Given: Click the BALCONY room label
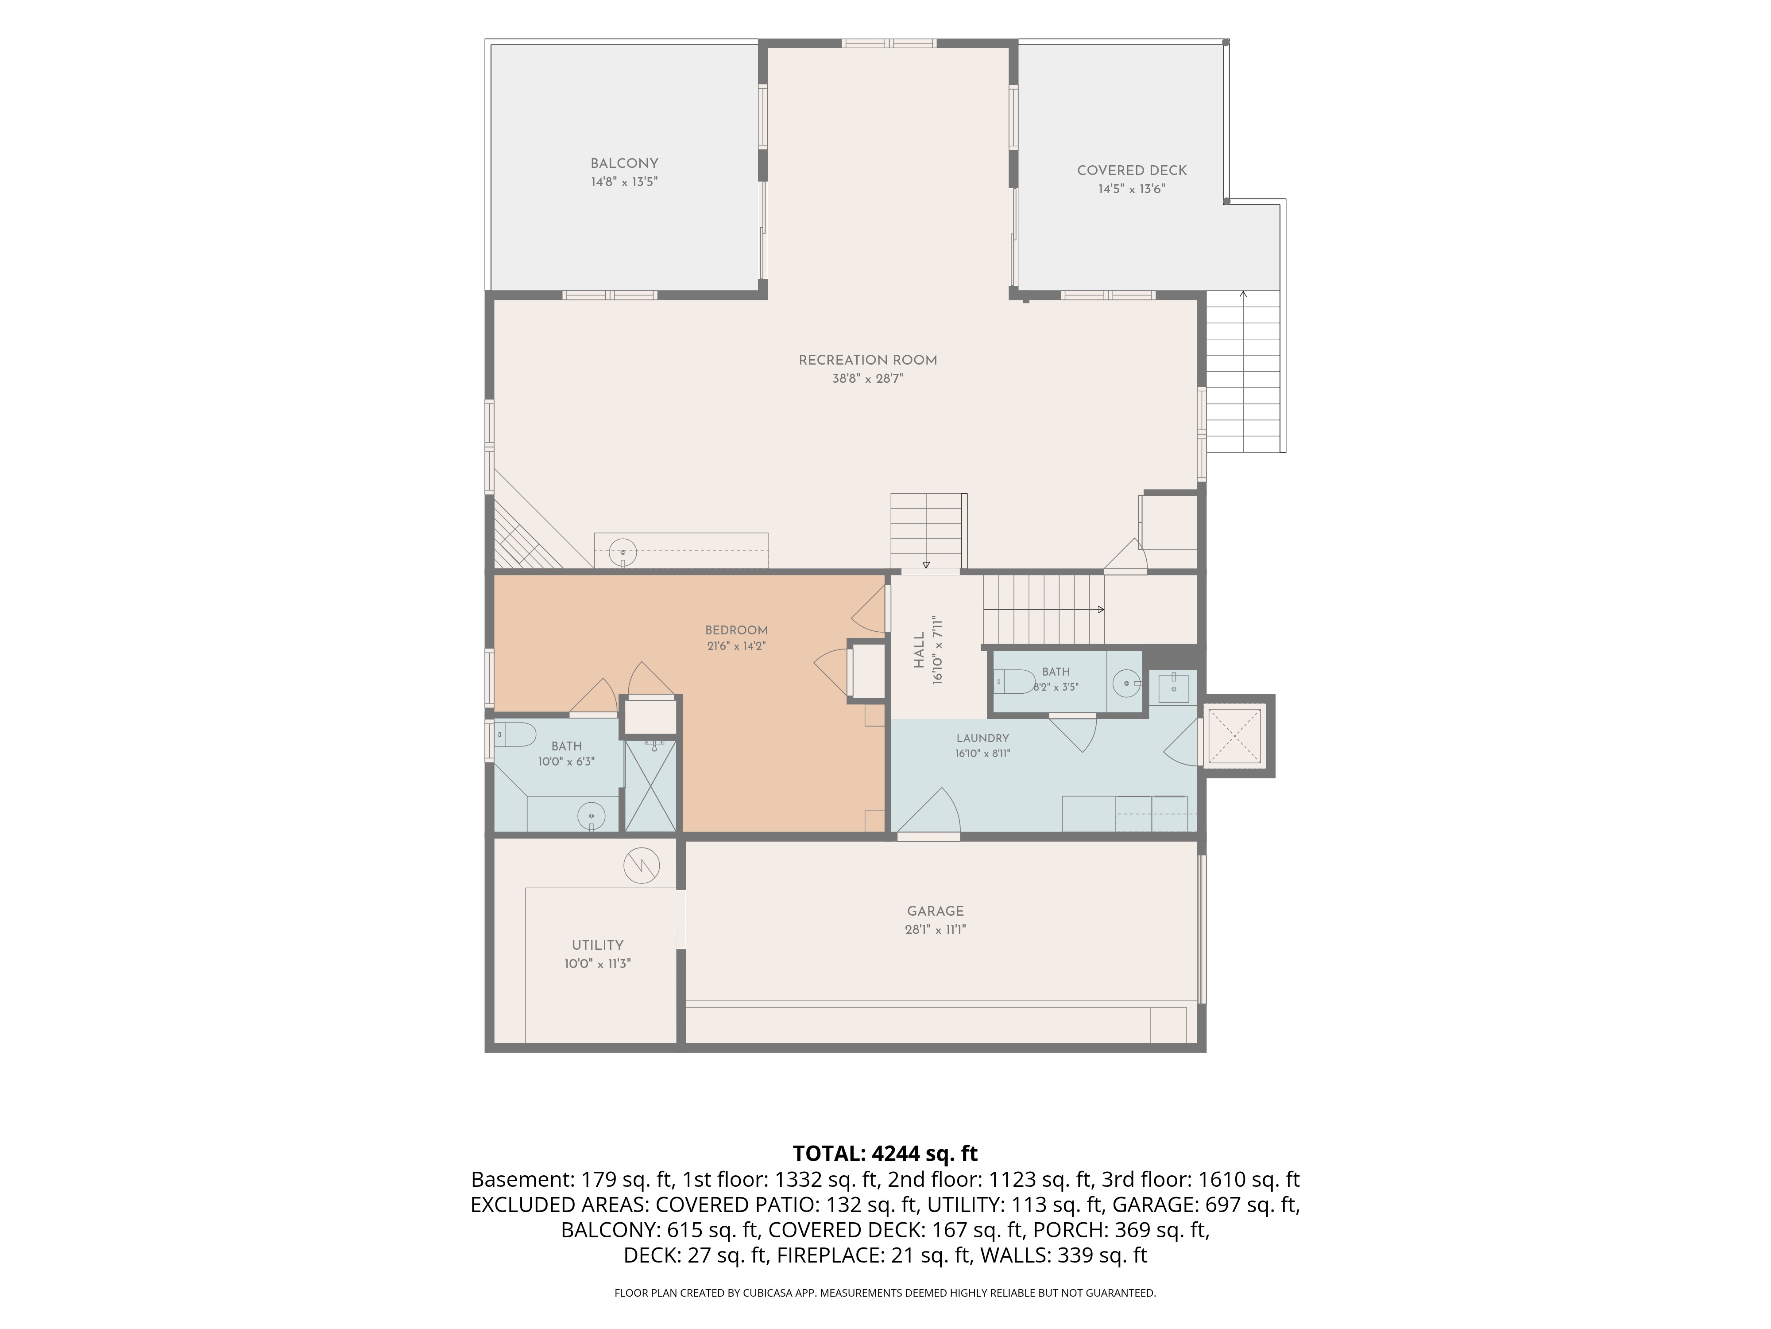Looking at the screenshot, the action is coord(624,163).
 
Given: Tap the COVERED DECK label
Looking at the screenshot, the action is coord(1131,171).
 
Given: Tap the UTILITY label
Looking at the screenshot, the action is coord(597,945).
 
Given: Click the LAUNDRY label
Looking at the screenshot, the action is coord(982,738).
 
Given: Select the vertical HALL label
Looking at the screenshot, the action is coord(919,650).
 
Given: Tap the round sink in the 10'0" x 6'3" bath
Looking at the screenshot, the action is coord(592,816).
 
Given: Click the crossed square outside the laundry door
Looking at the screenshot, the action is coord(1234,735).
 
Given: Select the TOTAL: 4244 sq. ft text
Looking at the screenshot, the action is coord(885,1154).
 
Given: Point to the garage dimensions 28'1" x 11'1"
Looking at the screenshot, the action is coord(935,929).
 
